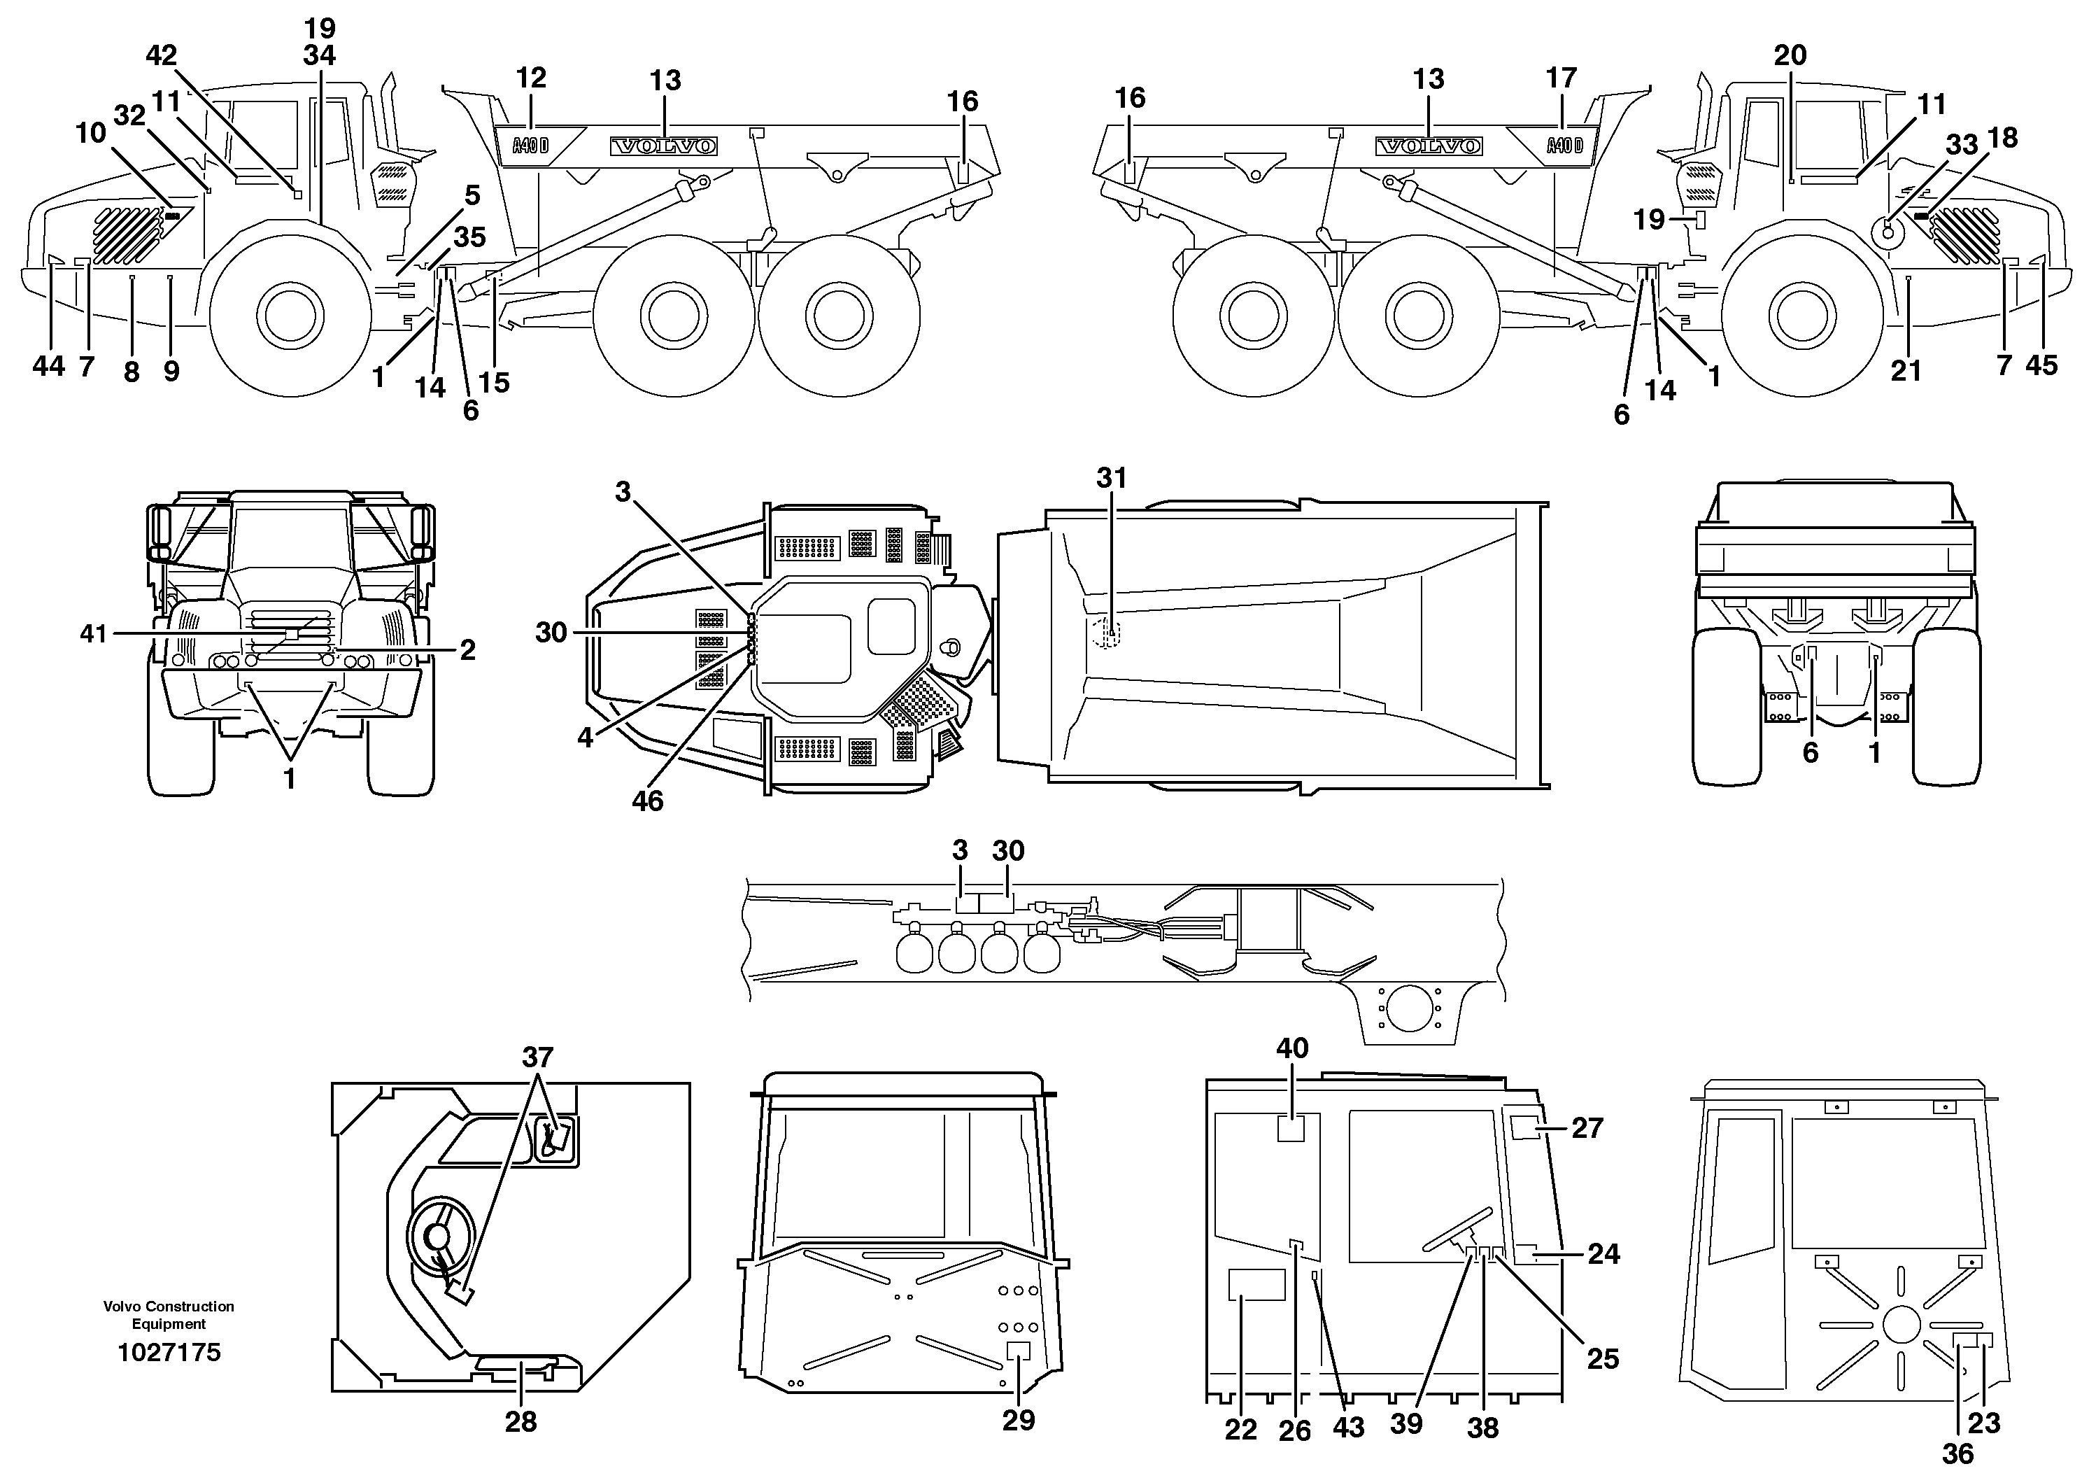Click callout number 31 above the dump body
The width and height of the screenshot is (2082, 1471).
(1111, 478)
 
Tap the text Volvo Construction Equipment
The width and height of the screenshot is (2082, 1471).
(169, 1315)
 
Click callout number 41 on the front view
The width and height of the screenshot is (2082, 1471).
(94, 633)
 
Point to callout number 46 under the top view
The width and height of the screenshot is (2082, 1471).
(647, 801)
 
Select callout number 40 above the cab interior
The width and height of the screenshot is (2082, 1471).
(1292, 1048)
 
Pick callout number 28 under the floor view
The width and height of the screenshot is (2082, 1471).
(520, 1422)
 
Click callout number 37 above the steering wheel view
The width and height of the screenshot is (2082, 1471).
(538, 1057)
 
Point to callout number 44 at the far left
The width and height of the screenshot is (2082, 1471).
(48, 367)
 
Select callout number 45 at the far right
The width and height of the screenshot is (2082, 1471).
(2042, 365)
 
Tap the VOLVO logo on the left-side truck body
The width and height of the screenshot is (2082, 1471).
(664, 146)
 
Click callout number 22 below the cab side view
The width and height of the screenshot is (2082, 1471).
(1240, 1430)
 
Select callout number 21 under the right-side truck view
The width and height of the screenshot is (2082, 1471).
(1906, 371)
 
